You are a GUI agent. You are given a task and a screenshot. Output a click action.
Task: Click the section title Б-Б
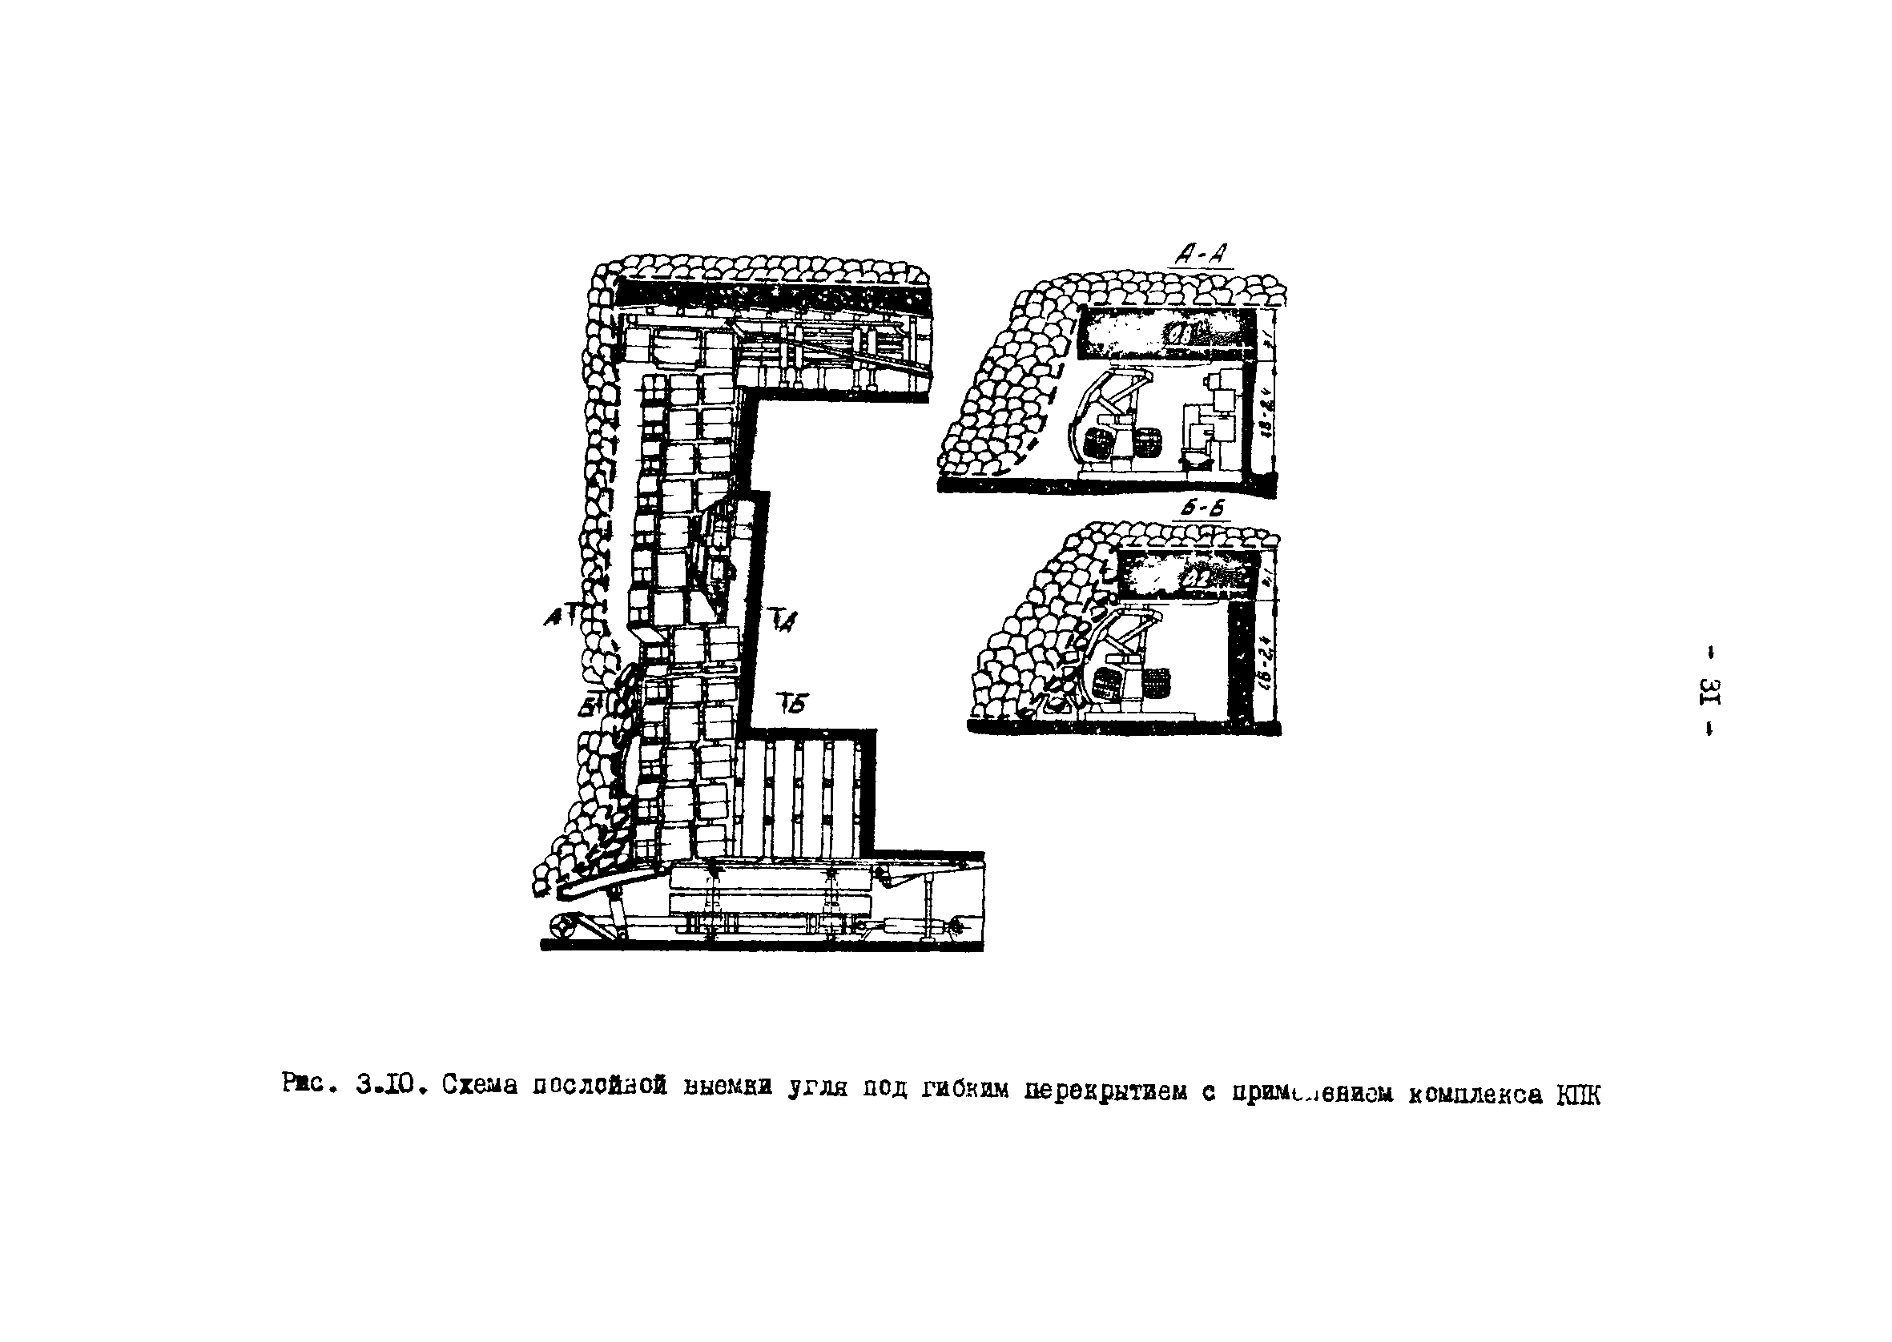(x=1202, y=510)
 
